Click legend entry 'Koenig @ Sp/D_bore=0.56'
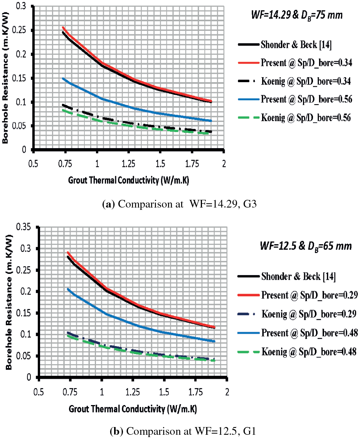click(x=304, y=118)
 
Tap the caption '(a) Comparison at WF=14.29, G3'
click(x=180, y=204)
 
